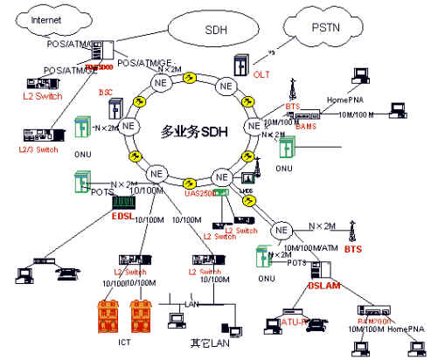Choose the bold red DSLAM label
(323, 286)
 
